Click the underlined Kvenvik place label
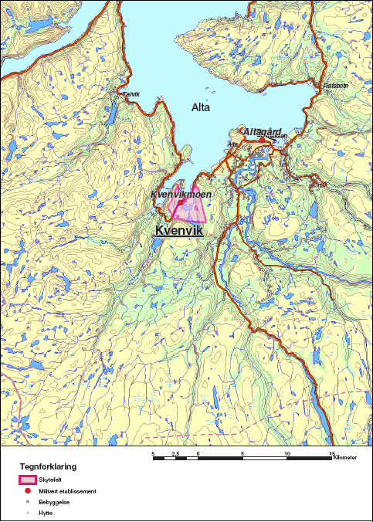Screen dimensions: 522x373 coord(179,230)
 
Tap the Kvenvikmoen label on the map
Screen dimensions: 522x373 coord(181,195)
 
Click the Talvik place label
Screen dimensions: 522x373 coord(131,94)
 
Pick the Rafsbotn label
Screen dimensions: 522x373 coord(337,84)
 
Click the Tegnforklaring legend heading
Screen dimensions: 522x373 coord(48,467)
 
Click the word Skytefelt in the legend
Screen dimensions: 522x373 coord(49,480)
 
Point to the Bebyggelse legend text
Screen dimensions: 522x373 coord(53,501)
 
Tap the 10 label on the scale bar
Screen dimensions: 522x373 coord(287,453)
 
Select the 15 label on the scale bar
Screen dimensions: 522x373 coord(332,453)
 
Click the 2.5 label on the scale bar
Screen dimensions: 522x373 coord(175,453)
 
